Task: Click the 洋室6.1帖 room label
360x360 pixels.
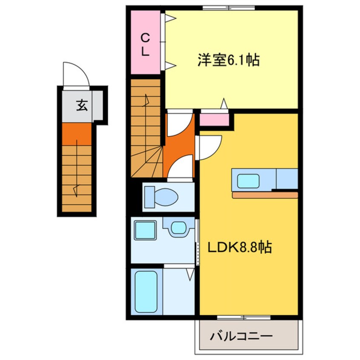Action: [228, 61]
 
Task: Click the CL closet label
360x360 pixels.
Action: [145, 45]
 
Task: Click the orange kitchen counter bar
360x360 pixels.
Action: [265, 195]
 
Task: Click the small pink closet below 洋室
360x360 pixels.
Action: [214, 120]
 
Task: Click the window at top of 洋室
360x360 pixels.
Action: [229, 7]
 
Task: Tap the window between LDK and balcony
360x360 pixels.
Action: [243, 317]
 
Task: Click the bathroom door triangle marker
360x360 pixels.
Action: [190, 274]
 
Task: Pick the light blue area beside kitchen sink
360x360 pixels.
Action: [287, 179]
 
